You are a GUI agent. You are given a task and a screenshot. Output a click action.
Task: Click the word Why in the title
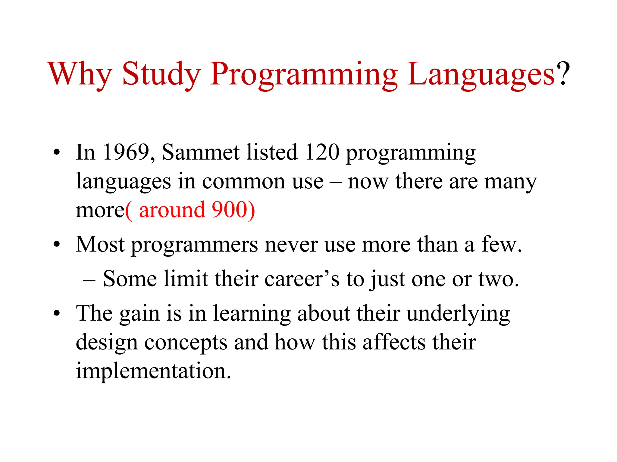point(80,74)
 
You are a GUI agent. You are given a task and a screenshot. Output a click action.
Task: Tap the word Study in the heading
point(161,74)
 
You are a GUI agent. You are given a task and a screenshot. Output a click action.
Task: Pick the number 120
point(322,152)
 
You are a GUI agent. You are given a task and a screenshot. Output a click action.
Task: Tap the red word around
point(172,210)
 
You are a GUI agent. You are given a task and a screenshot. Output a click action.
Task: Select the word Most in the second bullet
point(100,244)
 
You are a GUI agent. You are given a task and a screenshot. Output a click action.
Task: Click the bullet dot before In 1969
point(56,152)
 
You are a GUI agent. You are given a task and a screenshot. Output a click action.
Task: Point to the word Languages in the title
point(481,75)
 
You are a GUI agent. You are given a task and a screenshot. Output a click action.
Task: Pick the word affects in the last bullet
point(394,342)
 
